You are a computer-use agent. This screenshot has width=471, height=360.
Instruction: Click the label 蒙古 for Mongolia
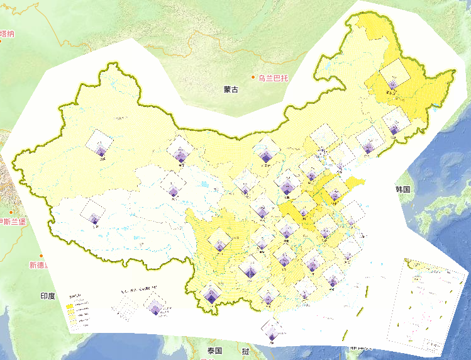(231, 89)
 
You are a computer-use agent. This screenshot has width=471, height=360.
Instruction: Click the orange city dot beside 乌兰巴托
(254, 79)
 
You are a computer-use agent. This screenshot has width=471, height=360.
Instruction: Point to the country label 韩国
(403, 189)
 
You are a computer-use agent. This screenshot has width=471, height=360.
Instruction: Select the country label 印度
(48, 295)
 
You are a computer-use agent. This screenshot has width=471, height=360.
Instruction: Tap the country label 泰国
(214, 351)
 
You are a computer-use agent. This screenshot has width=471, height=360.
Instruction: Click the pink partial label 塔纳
(8, 34)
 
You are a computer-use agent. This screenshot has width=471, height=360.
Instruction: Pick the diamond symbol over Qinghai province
(172, 185)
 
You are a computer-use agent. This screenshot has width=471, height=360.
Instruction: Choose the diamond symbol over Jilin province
(394, 122)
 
